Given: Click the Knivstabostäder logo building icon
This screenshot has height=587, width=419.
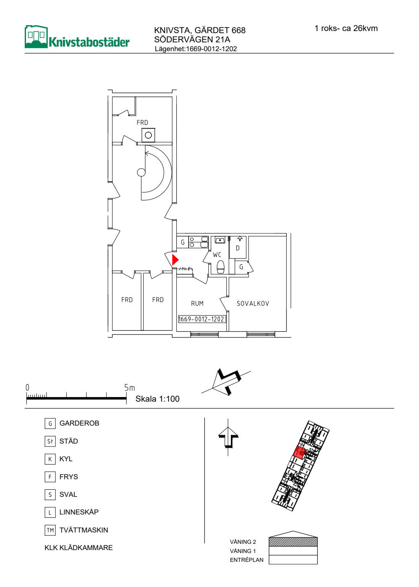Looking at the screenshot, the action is click(36, 37).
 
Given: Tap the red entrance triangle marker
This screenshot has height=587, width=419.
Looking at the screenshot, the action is click(175, 260).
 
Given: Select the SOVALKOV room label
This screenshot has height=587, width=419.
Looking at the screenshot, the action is click(253, 304).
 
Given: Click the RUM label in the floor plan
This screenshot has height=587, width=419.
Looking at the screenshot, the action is click(197, 304).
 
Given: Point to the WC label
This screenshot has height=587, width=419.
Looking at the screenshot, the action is click(217, 255).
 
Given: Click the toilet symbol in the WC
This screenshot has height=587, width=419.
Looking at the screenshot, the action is click(221, 267).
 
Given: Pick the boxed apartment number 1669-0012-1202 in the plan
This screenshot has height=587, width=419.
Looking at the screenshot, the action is click(201, 319).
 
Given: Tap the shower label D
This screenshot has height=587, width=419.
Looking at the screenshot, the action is click(238, 248).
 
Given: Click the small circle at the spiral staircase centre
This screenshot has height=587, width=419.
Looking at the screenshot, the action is click(141, 172).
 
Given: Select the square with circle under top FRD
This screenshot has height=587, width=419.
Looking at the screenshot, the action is click(148, 135).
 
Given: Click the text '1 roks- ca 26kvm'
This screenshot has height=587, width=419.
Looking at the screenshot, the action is click(346, 29).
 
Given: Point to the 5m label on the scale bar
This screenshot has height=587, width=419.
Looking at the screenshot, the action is click(129, 387).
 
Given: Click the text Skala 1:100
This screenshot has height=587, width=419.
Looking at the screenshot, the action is click(158, 399).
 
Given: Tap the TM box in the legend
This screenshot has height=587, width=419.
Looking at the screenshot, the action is click(50, 530).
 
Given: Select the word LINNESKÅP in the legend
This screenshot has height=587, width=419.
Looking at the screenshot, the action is click(79, 512).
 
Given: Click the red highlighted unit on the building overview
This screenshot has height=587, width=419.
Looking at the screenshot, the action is click(299, 452).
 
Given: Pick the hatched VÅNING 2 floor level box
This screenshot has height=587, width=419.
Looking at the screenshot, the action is click(293, 542).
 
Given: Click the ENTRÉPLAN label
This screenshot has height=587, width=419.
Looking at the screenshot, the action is click(247, 560).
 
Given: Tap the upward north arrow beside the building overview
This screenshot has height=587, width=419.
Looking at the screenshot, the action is click(228, 437).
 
